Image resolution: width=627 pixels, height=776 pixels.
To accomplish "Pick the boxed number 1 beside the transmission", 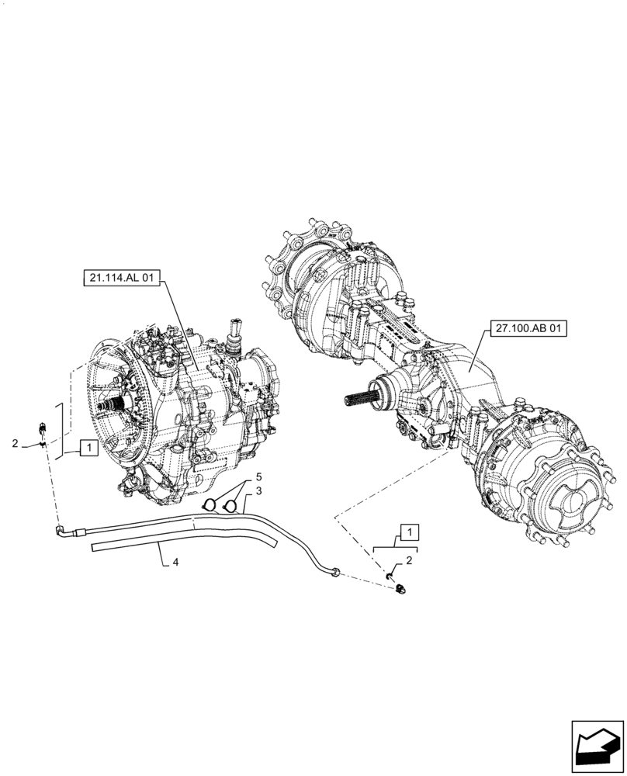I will tap(88, 447).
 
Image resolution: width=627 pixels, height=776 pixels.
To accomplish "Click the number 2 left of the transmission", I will tap(15, 443).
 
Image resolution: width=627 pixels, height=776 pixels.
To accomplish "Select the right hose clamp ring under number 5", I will tap(229, 507).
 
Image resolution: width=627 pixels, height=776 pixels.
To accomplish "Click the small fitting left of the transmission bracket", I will tap(42, 428).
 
